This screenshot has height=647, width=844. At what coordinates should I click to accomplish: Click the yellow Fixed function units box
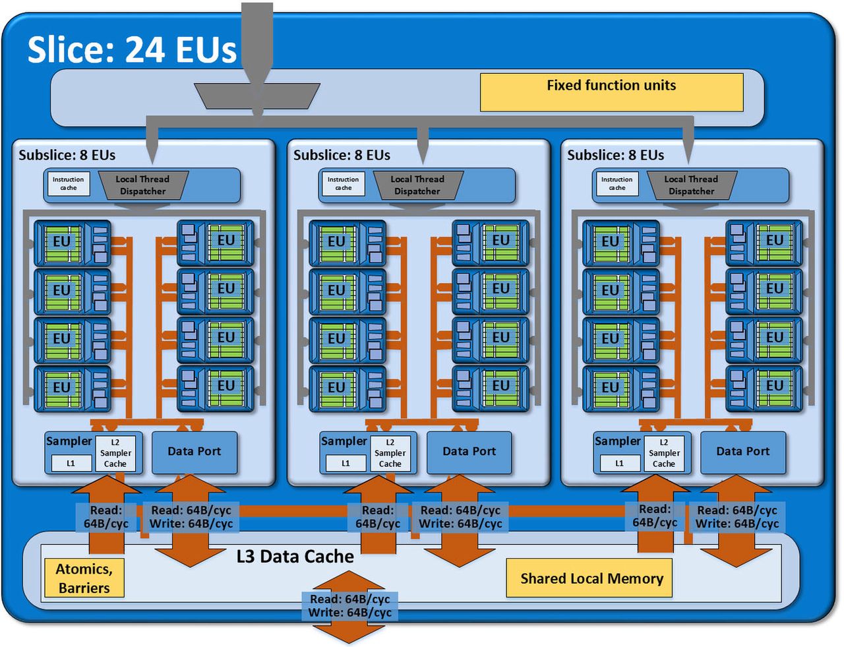[611, 92]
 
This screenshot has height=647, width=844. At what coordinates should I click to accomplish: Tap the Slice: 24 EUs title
[132, 49]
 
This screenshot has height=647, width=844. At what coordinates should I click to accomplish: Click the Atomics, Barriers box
[84, 578]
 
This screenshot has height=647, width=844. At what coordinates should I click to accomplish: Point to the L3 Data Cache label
[295, 557]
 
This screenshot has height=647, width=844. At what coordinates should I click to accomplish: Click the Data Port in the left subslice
[195, 452]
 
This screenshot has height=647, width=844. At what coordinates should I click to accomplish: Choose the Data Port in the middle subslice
[469, 452]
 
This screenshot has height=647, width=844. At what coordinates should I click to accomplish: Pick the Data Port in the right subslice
[743, 452]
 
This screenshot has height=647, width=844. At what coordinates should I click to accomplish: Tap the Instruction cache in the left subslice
[69, 184]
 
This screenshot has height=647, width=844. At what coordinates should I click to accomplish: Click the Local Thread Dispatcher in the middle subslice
[417, 185]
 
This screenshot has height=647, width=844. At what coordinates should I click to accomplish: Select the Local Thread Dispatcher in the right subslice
[691, 185]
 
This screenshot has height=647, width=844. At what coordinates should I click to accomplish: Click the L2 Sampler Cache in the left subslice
[115, 453]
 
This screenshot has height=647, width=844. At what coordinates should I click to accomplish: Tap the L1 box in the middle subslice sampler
[346, 464]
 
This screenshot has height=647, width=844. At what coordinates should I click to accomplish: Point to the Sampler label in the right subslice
[617, 441]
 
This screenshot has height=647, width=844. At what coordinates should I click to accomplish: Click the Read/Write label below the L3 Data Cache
[350, 606]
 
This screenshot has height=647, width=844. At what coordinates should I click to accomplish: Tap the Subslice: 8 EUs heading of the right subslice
[616, 155]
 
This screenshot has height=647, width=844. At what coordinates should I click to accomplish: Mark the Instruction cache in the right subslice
[617, 184]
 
